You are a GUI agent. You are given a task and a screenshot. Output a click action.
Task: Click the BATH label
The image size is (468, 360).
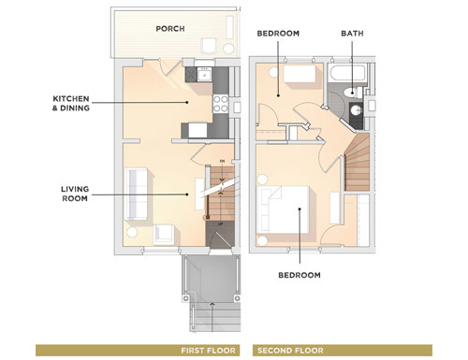[x=353, y=34]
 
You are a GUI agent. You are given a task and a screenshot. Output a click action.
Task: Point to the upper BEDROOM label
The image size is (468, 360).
[x=278, y=34]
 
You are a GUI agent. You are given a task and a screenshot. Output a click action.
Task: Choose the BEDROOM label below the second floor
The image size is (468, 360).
[x=300, y=275]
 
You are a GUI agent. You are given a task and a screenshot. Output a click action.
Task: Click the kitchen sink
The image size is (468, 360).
[x=201, y=73]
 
